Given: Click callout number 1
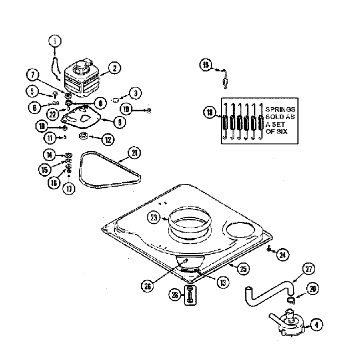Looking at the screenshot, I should [55, 40].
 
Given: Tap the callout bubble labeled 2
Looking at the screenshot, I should [114, 69].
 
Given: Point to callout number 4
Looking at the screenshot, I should [316, 326].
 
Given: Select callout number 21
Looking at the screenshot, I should [134, 153].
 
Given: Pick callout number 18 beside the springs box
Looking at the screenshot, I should [209, 112].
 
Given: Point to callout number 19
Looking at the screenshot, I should [205, 66].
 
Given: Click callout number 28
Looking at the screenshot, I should [175, 296].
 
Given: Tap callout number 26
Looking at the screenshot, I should [147, 286].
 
